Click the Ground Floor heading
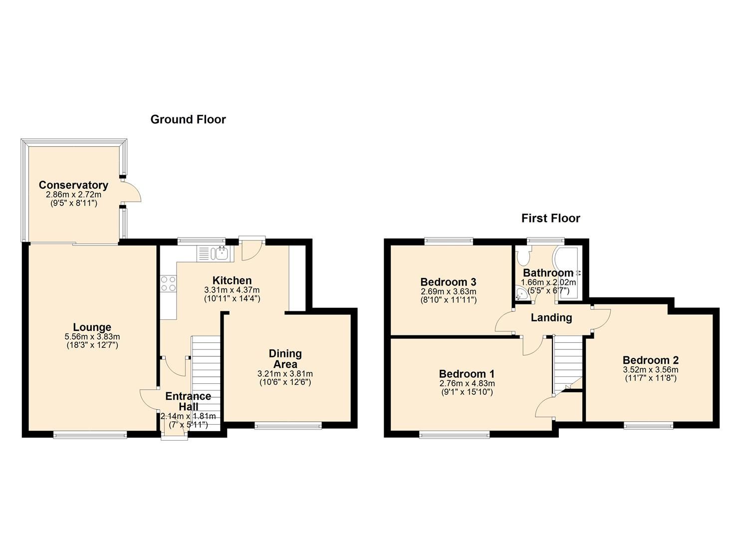point(188,119)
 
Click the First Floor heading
point(550,218)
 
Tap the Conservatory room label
point(73,185)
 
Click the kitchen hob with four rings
point(168,283)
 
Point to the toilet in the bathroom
point(523,257)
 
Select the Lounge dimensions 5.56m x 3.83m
point(92,337)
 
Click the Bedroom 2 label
point(650,360)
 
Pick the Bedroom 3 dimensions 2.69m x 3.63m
point(448,291)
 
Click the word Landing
point(551,317)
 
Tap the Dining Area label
point(285,359)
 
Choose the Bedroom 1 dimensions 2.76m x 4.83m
point(467,383)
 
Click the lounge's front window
point(90,435)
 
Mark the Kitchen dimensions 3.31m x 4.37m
point(232,290)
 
